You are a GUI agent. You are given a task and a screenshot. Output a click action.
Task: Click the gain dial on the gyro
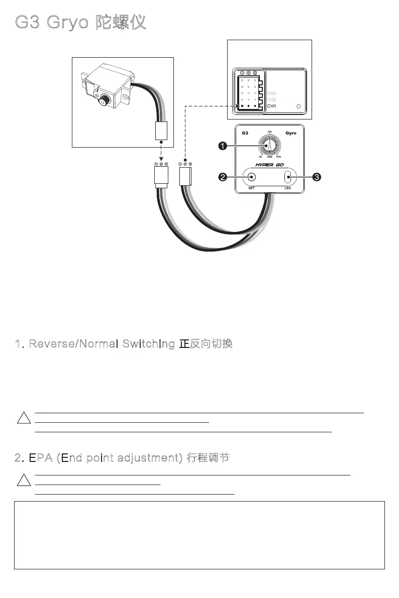[269, 145]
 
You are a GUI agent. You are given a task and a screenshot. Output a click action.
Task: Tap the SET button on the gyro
[252, 177]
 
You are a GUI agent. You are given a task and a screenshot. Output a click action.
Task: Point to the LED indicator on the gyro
[288, 177]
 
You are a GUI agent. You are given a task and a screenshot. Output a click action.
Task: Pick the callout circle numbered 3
[317, 177]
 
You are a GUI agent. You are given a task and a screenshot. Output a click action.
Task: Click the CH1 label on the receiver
[271, 106]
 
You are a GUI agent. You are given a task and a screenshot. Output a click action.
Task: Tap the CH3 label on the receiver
[271, 93]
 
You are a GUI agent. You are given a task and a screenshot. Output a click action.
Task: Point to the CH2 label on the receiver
[271, 100]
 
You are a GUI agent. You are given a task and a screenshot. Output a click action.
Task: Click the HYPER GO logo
[269, 165]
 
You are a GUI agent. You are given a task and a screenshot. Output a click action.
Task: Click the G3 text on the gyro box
[245, 134]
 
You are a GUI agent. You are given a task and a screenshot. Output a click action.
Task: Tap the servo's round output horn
[103, 100]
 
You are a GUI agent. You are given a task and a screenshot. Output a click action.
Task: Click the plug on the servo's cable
[161, 131]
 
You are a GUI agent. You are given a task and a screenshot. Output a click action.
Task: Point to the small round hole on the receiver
[299, 106]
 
